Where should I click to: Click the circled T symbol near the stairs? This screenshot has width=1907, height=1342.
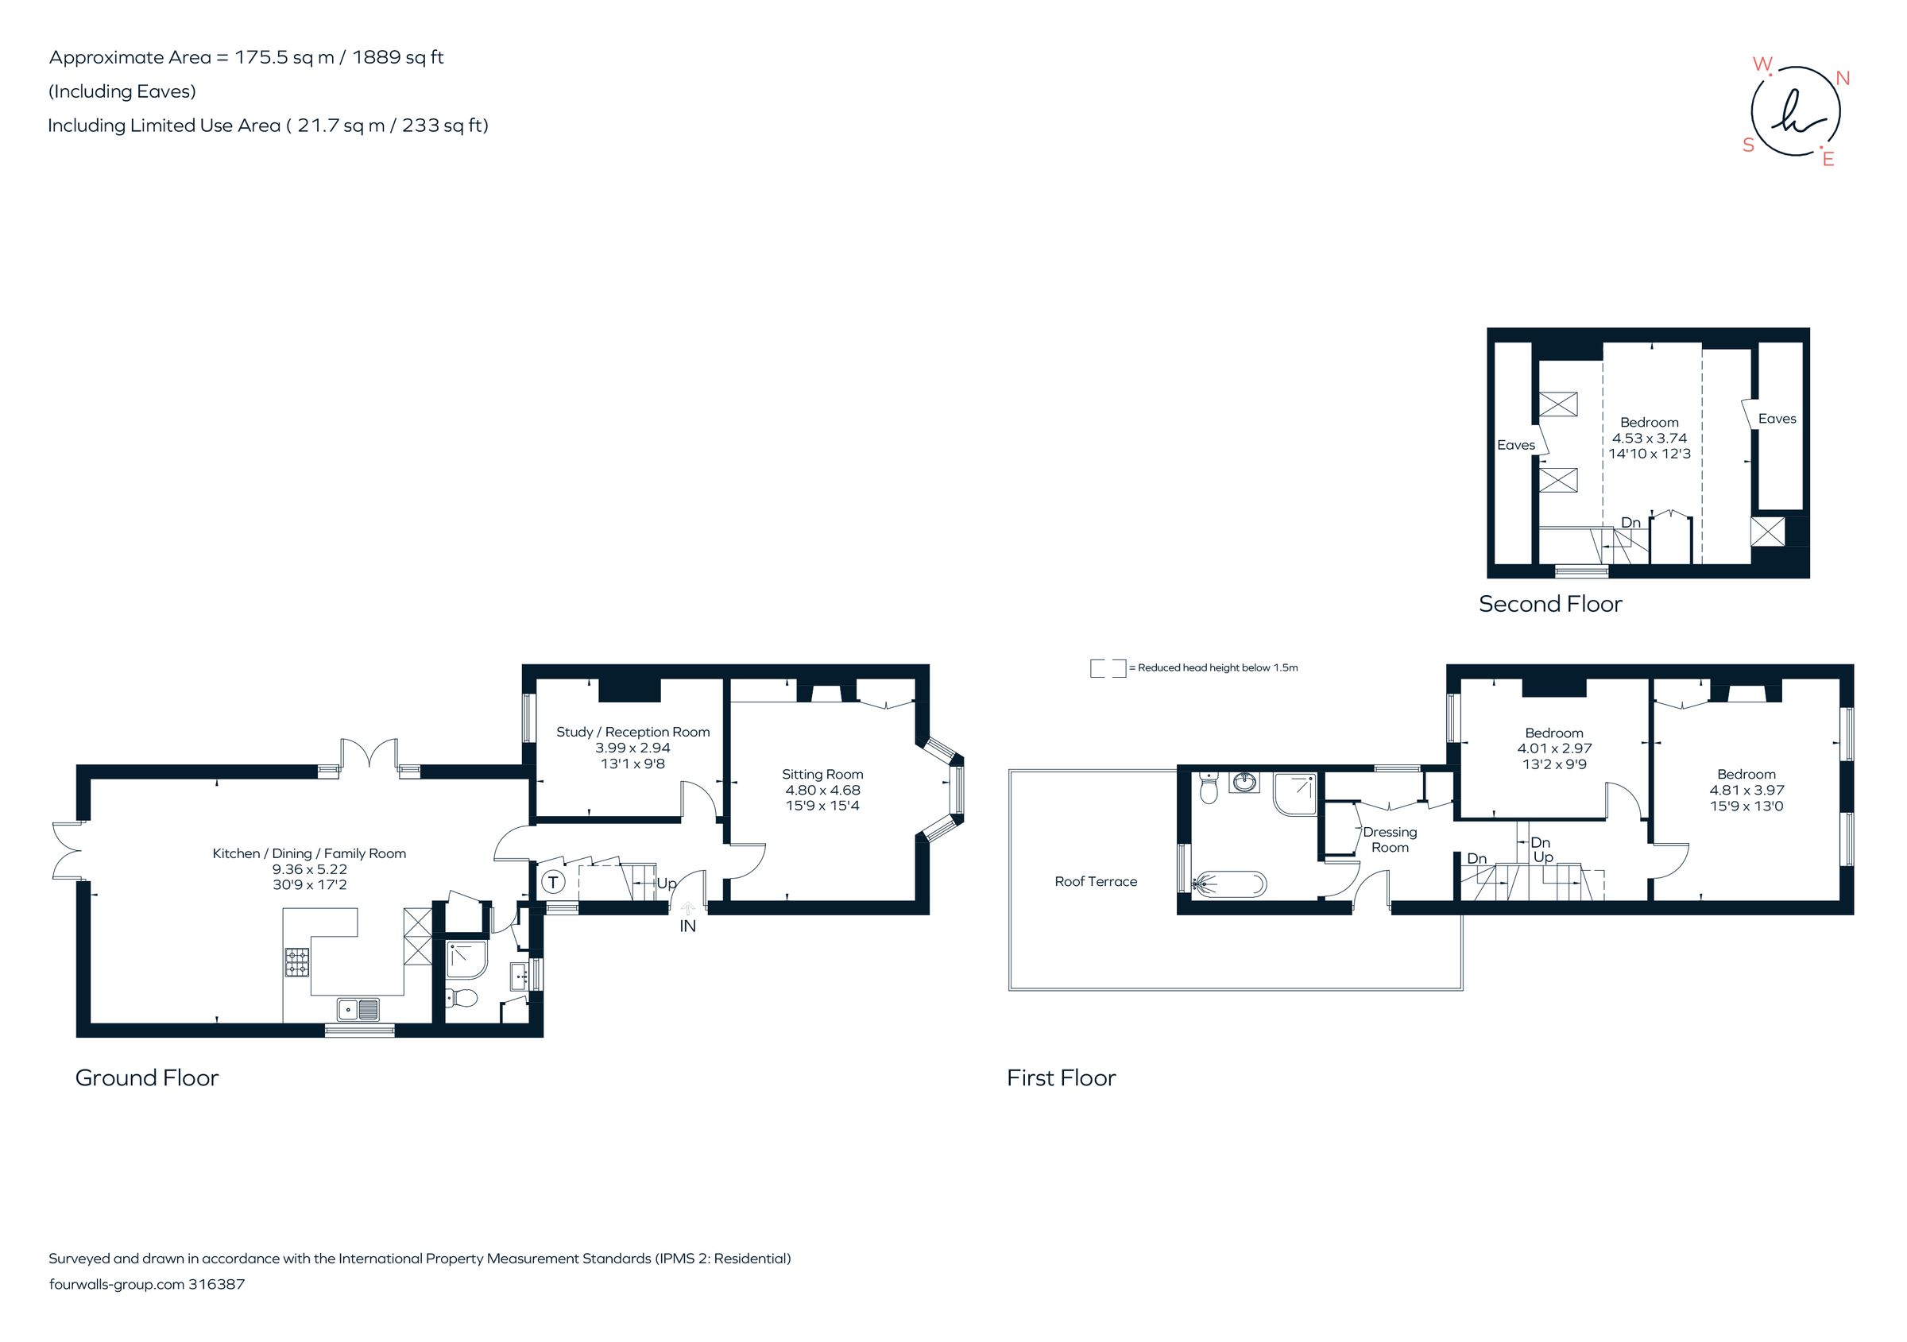click(553, 882)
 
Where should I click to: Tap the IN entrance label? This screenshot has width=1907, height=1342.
click(688, 926)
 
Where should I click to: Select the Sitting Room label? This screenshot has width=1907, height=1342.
click(822, 774)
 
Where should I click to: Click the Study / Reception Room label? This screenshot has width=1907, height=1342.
click(633, 732)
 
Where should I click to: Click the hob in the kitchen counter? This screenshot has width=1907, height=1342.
click(297, 962)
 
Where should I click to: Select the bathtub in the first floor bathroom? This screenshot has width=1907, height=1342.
click(1230, 884)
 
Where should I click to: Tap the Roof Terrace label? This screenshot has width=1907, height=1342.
click(1096, 882)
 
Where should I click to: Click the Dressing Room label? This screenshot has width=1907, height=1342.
click(1390, 840)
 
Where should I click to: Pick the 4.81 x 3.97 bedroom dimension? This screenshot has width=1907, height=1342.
click(1746, 790)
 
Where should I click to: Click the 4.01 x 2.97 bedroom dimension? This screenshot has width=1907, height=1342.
click(1554, 748)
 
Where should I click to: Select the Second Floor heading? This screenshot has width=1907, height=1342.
click(1550, 604)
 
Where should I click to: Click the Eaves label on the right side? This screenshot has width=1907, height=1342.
click(1777, 419)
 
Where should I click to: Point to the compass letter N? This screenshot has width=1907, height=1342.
click(1842, 78)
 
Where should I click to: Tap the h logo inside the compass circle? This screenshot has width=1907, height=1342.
click(1794, 116)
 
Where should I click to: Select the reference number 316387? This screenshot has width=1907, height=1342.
click(217, 1284)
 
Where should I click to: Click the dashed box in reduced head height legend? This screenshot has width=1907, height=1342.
click(1107, 667)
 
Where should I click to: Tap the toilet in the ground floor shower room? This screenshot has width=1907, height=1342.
click(462, 998)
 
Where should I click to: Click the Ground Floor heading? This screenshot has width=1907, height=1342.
click(147, 1078)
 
